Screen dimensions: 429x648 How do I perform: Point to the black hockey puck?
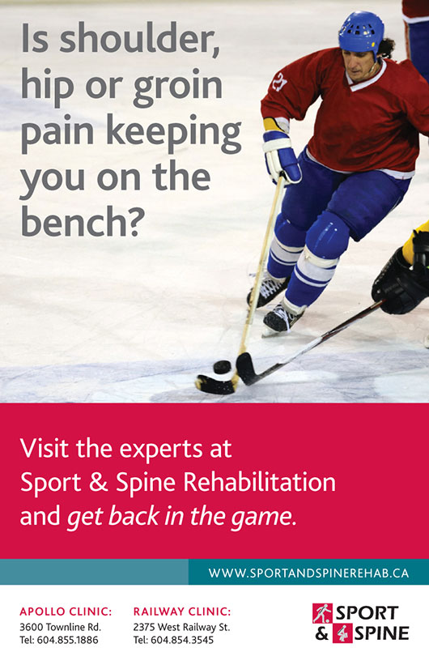(222, 367)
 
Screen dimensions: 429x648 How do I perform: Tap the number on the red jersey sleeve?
(279, 82)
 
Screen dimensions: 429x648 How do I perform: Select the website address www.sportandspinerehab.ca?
(308, 573)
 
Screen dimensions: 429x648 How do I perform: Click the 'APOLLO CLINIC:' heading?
(66, 612)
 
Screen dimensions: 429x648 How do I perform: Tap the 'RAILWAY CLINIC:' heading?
(182, 612)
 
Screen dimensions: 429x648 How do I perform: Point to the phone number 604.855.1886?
(70, 640)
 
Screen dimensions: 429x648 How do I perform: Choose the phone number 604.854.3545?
(182, 640)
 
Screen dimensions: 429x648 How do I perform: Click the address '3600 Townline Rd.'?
(60, 627)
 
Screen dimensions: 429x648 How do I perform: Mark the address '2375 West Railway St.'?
(181, 627)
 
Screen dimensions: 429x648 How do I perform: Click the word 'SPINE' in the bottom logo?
(382, 633)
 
